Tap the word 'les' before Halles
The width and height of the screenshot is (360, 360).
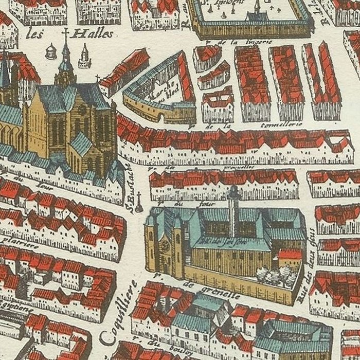[x=34, y=35]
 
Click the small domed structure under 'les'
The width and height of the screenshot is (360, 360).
[x=50, y=51]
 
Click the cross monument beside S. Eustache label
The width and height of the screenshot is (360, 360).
[x=139, y=203]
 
